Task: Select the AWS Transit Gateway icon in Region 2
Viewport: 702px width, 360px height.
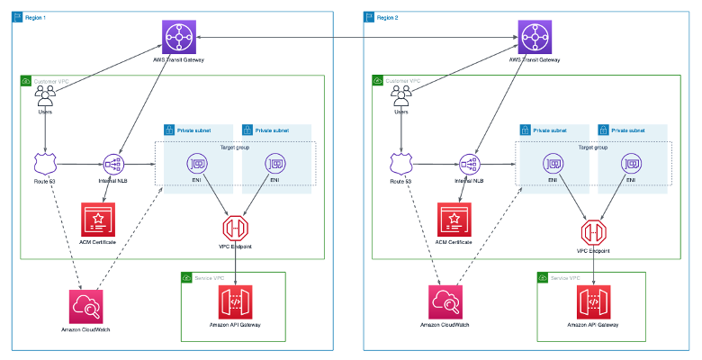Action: coord(534,38)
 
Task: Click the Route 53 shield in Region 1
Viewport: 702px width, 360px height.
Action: coord(45,164)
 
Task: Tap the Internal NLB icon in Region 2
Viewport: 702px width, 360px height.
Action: coord(469,164)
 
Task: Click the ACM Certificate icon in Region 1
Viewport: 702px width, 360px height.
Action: coord(98,219)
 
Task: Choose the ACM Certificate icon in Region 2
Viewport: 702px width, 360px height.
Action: coord(454,219)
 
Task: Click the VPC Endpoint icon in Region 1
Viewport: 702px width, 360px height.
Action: coord(235,226)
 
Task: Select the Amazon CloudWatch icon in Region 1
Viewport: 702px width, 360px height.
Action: coord(85,306)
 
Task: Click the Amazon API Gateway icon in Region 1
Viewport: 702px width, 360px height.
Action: coord(235,302)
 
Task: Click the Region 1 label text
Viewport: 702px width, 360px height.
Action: coord(36,17)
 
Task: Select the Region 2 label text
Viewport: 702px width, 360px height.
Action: coord(388,17)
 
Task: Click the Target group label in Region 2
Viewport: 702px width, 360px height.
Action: coord(591,147)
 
